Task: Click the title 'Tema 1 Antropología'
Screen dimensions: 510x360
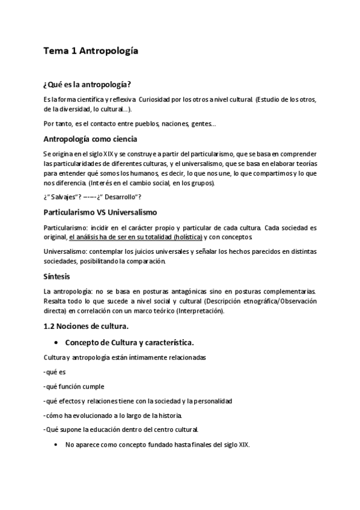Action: (x=91, y=51)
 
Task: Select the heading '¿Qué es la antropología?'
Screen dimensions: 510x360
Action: (x=87, y=84)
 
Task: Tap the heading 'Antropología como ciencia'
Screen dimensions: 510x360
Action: (x=91, y=138)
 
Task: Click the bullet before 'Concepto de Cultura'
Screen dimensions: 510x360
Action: (x=55, y=343)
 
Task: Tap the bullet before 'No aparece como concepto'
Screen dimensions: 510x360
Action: (x=55, y=445)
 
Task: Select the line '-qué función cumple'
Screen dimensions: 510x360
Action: (x=74, y=387)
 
